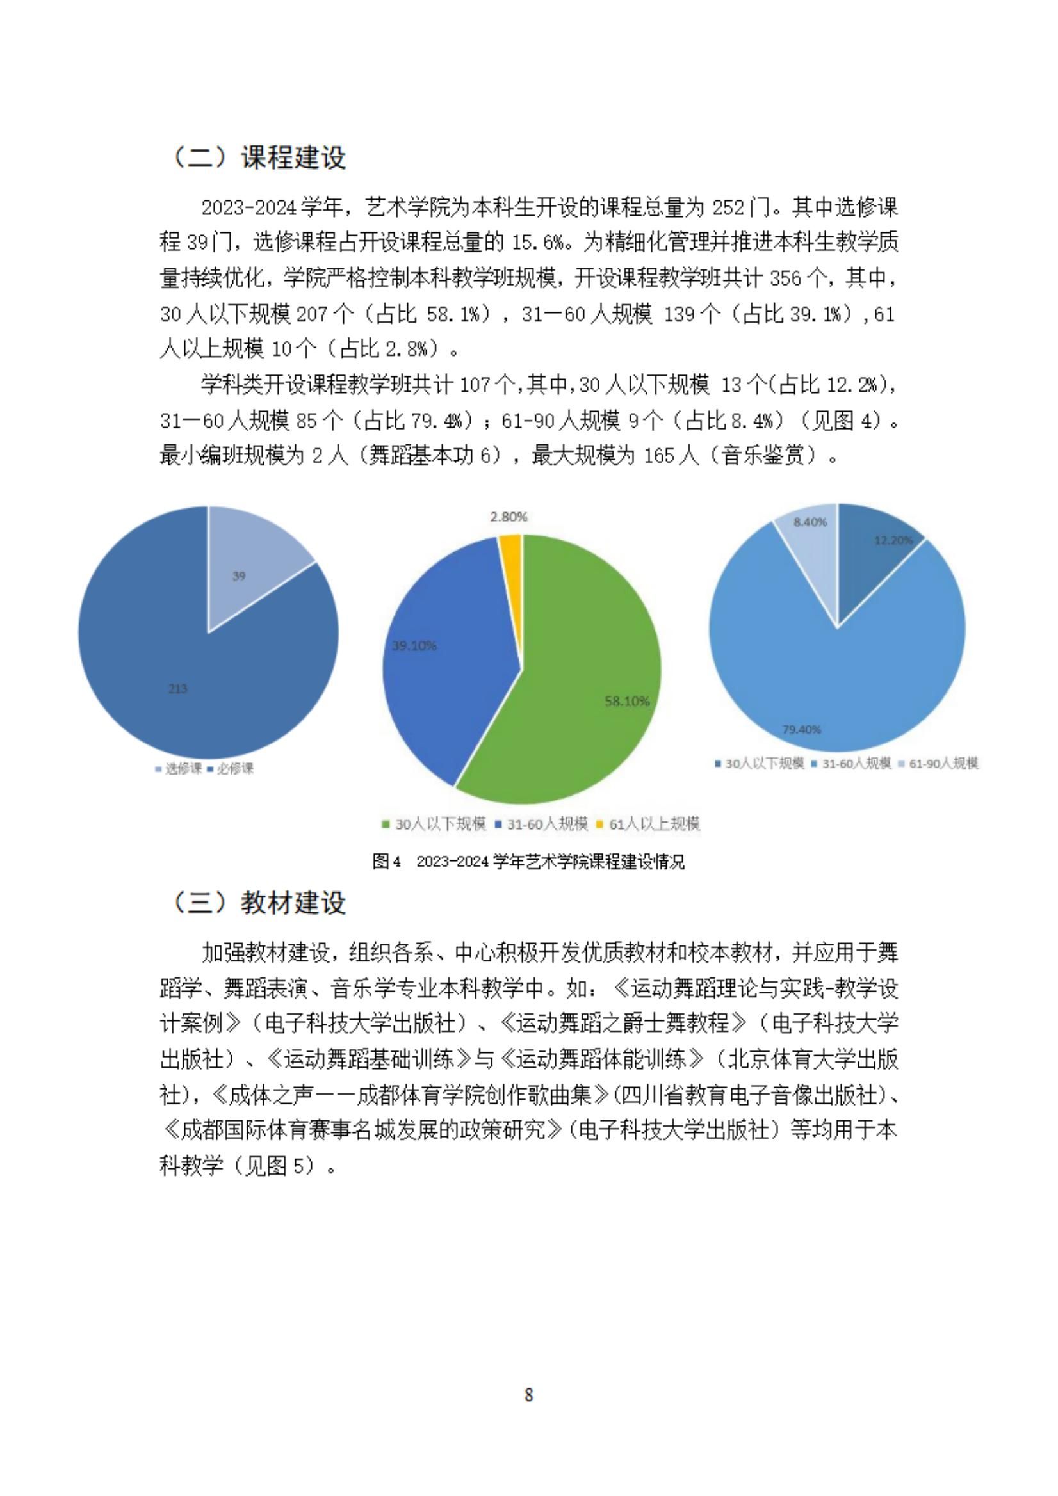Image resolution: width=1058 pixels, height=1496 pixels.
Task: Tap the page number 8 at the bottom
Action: point(528,1395)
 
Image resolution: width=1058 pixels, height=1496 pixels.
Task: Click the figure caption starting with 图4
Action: point(528,862)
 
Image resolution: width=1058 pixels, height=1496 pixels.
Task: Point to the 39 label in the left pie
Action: point(240,576)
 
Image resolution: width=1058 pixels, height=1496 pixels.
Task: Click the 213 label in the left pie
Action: point(178,689)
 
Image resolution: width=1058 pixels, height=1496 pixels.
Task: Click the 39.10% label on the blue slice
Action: point(414,646)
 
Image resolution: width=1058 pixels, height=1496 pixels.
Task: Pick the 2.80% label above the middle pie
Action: point(509,517)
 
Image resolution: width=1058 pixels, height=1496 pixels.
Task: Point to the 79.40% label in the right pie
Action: point(802,729)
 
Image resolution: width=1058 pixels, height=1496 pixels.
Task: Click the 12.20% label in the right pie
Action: point(893,540)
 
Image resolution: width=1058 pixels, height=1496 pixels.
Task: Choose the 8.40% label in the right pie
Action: point(810,522)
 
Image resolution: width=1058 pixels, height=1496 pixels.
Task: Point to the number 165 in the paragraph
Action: point(661,455)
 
